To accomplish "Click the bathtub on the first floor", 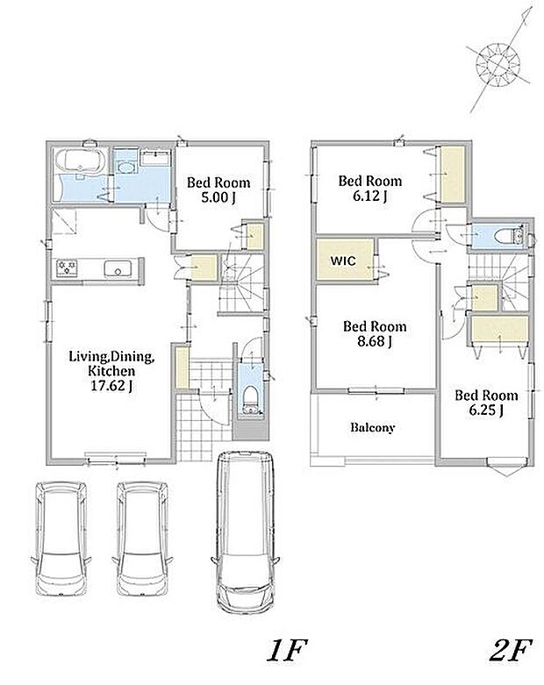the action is click(x=81, y=161).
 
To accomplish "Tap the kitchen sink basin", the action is click(x=118, y=268).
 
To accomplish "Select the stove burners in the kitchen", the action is click(x=67, y=268).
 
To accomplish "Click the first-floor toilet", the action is click(x=251, y=399).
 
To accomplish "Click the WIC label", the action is click(x=343, y=260).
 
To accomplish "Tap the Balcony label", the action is click(x=373, y=427).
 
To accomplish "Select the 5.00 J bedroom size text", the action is click(x=218, y=197).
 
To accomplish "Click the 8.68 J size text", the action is click(x=375, y=341).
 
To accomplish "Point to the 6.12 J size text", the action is click(x=369, y=196).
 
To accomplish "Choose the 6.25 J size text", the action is click(x=486, y=410).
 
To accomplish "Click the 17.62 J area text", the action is click(x=111, y=386).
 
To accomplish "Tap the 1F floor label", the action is click(x=287, y=651).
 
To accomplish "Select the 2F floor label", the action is click(x=511, y=651).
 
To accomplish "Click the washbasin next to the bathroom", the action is click(x=125, y=167).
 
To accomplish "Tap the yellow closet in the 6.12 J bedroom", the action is click(x=453, y=175).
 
